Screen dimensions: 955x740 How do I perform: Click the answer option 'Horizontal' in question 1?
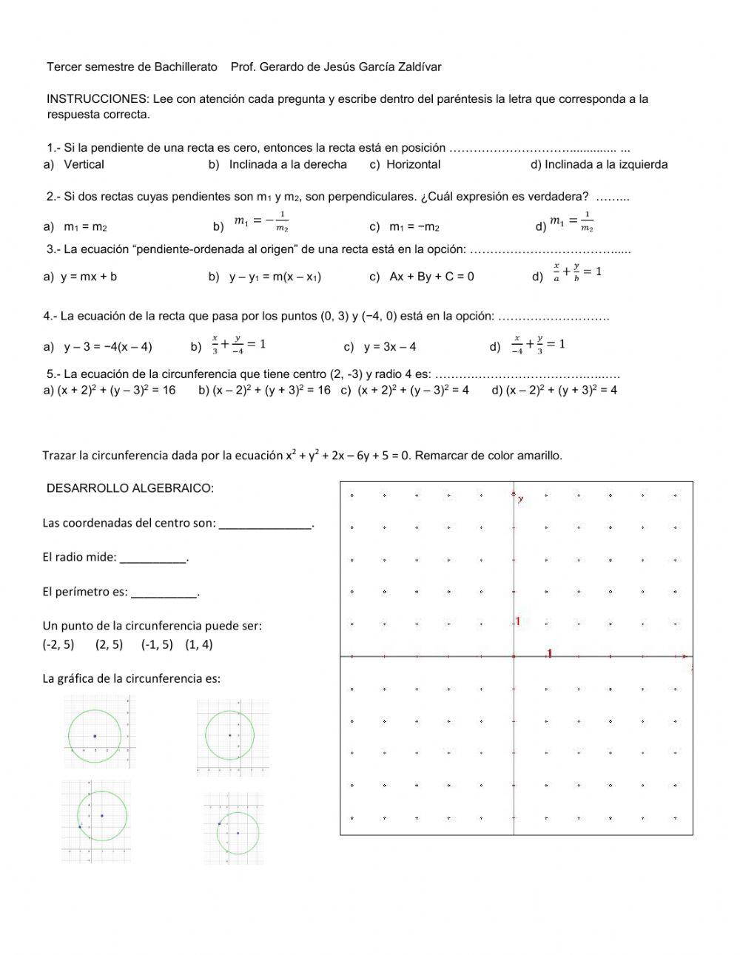(x=413, y=164)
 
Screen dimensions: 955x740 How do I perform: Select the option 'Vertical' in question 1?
(x=84, y=164)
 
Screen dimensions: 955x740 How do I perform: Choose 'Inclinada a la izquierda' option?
(x=606, y=164)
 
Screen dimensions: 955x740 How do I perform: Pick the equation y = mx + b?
(x=89, y=277)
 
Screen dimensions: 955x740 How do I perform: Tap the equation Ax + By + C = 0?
(x=431, y=277)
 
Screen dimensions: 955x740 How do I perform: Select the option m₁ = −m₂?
(x=414, y=226)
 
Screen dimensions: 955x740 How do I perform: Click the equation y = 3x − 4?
(x=390, y=346)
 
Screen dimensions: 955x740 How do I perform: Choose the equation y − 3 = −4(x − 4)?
(x=107, y=346)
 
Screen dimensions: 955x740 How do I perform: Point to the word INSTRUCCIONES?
(x=98, y=98)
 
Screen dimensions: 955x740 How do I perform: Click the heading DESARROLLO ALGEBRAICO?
(x=129, y=487)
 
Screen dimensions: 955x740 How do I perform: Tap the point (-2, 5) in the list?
(x=58, y=644)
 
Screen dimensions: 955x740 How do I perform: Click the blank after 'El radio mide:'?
(x=153, y=559)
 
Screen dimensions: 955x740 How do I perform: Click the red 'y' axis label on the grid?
(x=521, y=499)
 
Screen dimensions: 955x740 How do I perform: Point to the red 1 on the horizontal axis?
(x=549, y=652)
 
